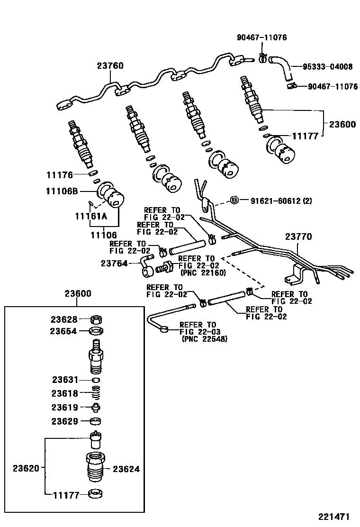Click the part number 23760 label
(x=110, y=67)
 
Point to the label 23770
(x=298, y=236)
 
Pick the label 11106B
(x=62, y=191)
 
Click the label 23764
(x=114, y=263)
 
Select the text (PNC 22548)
(x=204, y=339)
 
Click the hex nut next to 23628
(x=97, y=319)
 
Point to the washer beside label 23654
(x=97, y=331)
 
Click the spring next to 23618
(x=96, y=393)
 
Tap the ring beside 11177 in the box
(x=96, y=494)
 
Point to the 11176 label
(x=59, y=175)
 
